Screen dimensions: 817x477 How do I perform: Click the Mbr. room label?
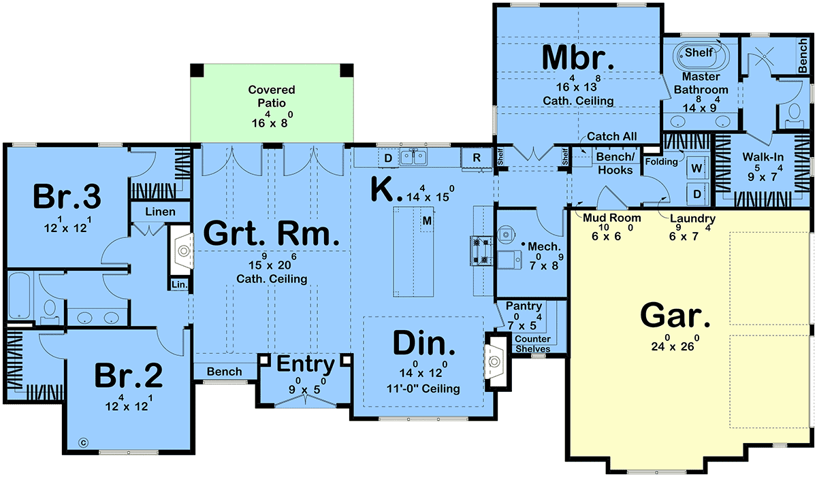(578, 58)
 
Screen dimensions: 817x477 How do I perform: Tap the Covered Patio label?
(272, 96)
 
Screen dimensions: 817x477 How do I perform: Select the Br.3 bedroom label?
(67, 197)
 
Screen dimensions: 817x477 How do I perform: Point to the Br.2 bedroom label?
(129, 376)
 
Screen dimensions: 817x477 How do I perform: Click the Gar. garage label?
(675, 316)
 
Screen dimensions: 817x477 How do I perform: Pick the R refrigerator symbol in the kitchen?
(477, 157)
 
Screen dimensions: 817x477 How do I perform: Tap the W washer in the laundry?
(696, 168)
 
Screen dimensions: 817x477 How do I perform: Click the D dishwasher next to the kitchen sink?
(389, 158)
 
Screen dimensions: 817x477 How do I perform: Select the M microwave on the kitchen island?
(427, 220)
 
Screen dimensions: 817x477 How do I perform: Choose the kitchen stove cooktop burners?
(481, 250)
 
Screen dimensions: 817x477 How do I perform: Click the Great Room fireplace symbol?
(183, 250)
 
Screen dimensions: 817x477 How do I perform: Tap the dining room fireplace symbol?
(494, 362)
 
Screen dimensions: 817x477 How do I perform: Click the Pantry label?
(524, 306)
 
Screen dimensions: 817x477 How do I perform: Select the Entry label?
(306, 364)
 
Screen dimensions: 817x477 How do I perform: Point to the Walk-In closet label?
(763, 157)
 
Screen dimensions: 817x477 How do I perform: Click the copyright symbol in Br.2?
(84, 443)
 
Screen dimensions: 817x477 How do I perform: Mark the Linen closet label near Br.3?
(160, 212)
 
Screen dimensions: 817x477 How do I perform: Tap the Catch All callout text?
(611, 136)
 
